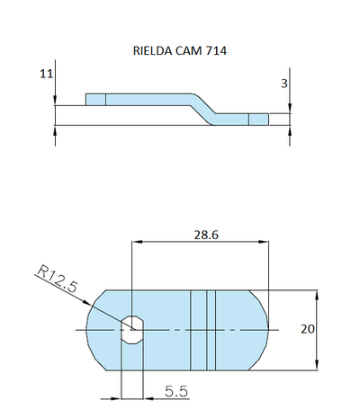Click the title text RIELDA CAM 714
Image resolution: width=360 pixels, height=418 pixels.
[179, 51]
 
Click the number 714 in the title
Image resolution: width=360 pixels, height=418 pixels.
[217, 51]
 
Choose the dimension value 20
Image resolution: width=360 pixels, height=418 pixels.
[308, 329]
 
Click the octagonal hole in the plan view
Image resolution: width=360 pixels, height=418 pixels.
[132, 329]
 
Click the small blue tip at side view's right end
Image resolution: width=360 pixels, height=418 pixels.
[258, 119]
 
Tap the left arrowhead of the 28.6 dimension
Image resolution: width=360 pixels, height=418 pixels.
[137, 241]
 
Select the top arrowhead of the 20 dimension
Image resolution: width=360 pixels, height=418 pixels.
[316, 295]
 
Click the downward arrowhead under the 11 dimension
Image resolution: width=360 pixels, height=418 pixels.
[56, 101]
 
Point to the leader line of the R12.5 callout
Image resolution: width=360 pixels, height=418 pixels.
[94, 302]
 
